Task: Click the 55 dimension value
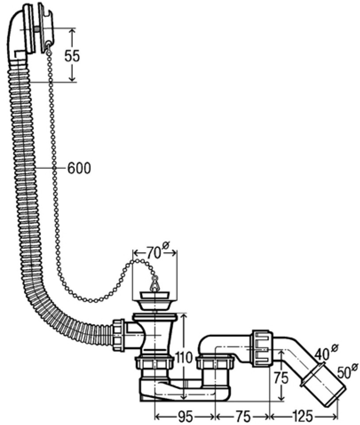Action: coord(72,56)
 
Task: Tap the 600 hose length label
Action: coord(79,168)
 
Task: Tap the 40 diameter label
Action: coord(323,354)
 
